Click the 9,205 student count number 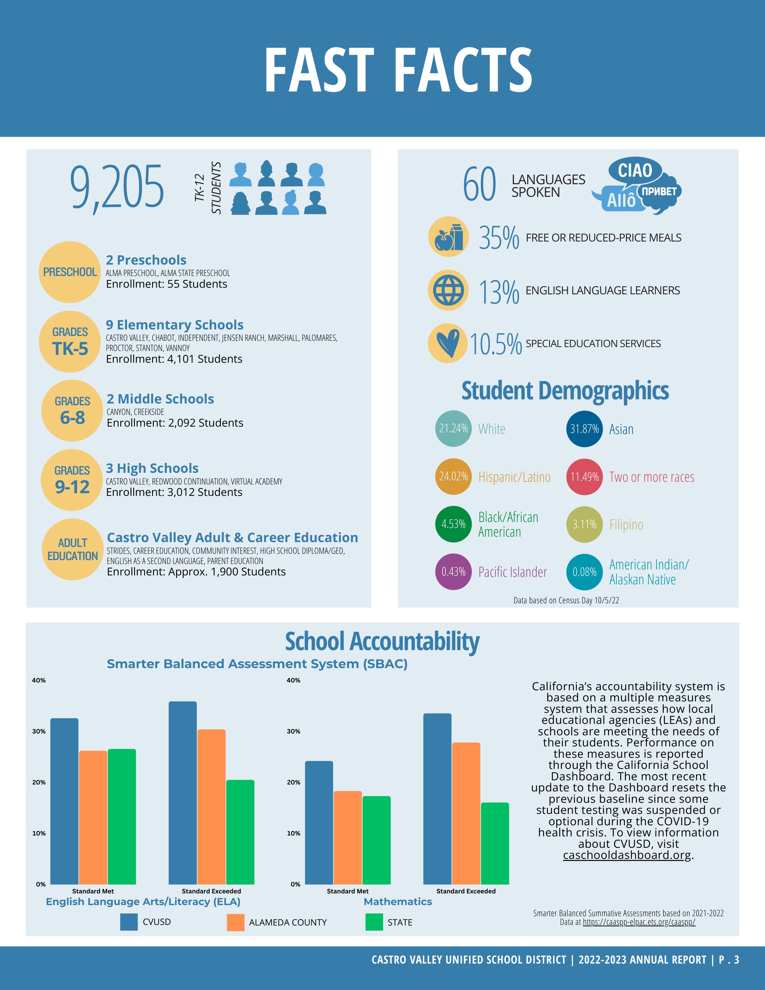(117, 188)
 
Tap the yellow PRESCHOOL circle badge (70, 272)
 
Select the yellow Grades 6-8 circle (72, 410)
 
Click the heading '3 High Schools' (152, 468)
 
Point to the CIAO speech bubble (635, 171)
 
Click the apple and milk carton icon (448, 237)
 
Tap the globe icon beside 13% (448, 290)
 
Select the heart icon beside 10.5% (448, 343)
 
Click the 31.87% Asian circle (584, 429)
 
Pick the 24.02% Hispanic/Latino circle (453, 476)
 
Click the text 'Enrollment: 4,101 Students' (174, 359)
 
